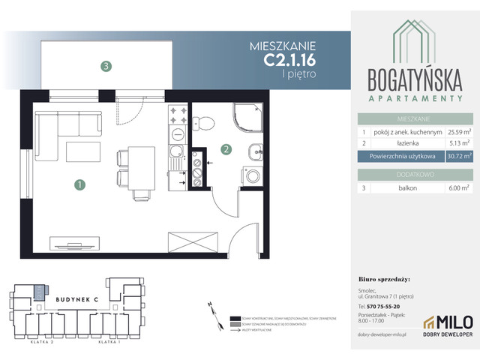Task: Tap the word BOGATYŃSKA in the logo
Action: (414, 79)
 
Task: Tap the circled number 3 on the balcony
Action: (107, 66)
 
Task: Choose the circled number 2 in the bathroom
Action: (224, 149)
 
